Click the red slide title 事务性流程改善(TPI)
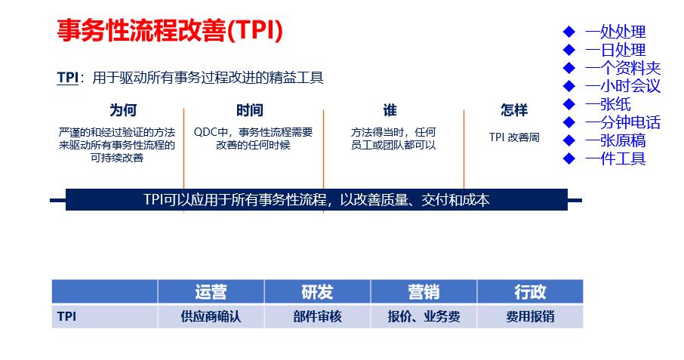pos(170,31)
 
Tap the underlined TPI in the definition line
pos(67,78)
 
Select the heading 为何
pos(122,111)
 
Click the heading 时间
pos(249,111)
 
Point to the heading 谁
pos(390,111)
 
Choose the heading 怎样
pos(514,111)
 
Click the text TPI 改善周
pos(514,137)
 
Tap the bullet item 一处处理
pos(615,32)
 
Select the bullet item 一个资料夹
pos(623,68)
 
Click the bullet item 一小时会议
pos(623,86)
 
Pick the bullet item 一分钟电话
pos(623,122)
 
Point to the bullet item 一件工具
pos(615,158)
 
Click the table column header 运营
pos(211,291)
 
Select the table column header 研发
pos(317,291)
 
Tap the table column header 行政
pos(530,291)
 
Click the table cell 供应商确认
pos(211,317)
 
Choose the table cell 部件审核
pos(317,317)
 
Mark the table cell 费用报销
pos(530,317)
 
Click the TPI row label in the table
pos(66,317)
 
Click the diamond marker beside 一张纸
pos(570,104)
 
